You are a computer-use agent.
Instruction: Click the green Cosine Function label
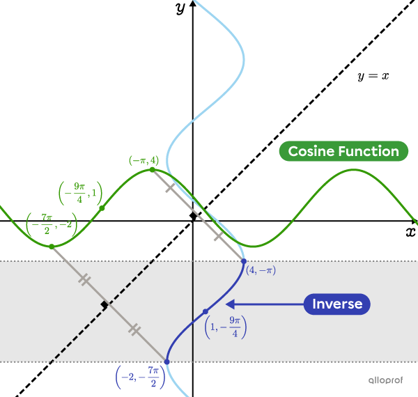[343, 151]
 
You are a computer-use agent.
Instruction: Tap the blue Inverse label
[337, 304]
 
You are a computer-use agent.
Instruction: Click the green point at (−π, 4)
[153, 169]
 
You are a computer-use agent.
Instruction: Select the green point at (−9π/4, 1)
[102, 208]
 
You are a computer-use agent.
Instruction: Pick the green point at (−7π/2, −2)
[51, 246]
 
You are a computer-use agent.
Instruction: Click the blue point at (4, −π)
[243, 261]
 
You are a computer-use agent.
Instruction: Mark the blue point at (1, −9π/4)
[205, 311]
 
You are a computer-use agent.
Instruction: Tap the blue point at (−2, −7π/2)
[167, 361]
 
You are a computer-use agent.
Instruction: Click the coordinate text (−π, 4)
[144, 160]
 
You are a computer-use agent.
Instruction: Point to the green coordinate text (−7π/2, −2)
[52, 225]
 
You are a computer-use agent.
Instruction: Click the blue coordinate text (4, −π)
[261, 270]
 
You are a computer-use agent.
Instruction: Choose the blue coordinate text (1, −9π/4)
[226, 326]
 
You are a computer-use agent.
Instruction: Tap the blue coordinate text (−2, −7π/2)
[140, 377]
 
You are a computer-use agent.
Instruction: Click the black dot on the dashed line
[104, 305]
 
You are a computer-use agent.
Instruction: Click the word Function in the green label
[369, 151]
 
